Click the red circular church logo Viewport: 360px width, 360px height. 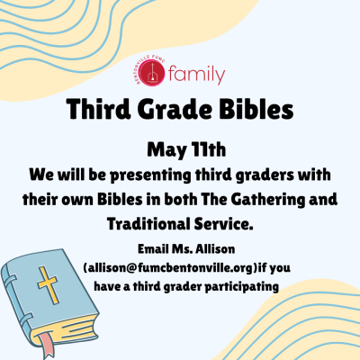point(153,73)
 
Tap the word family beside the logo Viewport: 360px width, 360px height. point(196,74)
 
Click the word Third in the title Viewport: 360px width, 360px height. point(99,109)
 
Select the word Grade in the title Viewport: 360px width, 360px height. point(175,110)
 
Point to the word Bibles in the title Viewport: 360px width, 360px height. point(256,109)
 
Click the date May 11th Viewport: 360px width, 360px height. point(186,149)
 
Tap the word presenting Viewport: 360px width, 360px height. point(150,175)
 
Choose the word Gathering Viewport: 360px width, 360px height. point(267,200)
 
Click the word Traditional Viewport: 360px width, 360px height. point(148,224)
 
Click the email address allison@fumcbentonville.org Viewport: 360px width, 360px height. point(171,268)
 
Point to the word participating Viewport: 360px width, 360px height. point(242,287)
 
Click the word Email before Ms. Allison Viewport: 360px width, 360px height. point(153,249)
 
